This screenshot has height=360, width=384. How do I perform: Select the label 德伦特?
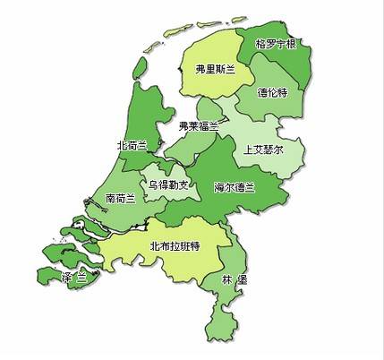273,91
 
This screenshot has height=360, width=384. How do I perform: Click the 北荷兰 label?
132,144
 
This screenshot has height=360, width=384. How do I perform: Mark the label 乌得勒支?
168,185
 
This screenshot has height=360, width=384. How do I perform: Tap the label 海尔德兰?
235,187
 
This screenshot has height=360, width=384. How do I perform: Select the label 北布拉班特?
175,246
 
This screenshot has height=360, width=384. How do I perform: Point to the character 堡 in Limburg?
243,279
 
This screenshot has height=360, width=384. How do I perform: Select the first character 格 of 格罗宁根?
260,43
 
